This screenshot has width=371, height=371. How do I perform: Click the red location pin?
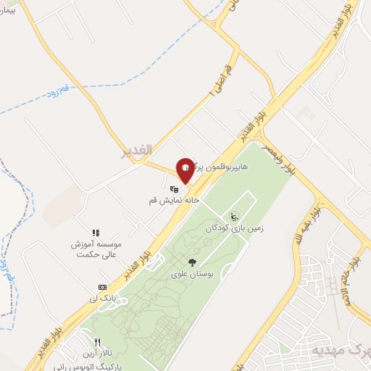[185, 170]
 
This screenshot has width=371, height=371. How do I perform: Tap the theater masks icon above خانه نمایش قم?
[172, 189]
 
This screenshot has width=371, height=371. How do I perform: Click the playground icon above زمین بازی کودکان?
[234, 216]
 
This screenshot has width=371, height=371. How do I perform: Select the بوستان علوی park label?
[191, 274]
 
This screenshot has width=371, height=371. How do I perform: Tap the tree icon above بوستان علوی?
[192, 262]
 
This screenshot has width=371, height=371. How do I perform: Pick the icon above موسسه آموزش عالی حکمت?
[95, 232]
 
